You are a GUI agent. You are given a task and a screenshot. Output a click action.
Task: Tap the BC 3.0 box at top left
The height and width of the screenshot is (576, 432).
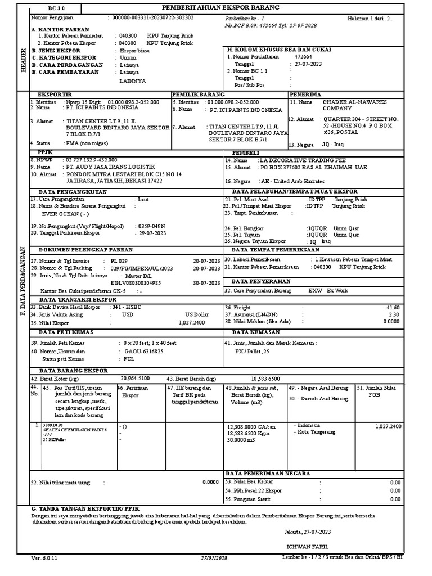tap(58, 8)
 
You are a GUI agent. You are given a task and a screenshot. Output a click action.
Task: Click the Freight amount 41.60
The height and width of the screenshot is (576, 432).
tap(393, 308)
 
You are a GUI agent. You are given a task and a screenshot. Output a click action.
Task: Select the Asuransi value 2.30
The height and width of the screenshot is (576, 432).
tap(394, 314)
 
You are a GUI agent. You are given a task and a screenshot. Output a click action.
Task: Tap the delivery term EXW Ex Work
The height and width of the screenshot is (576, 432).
tap(328, 291)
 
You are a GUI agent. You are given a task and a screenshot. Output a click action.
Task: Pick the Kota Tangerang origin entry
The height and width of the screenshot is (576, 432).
tap(315, 432)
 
